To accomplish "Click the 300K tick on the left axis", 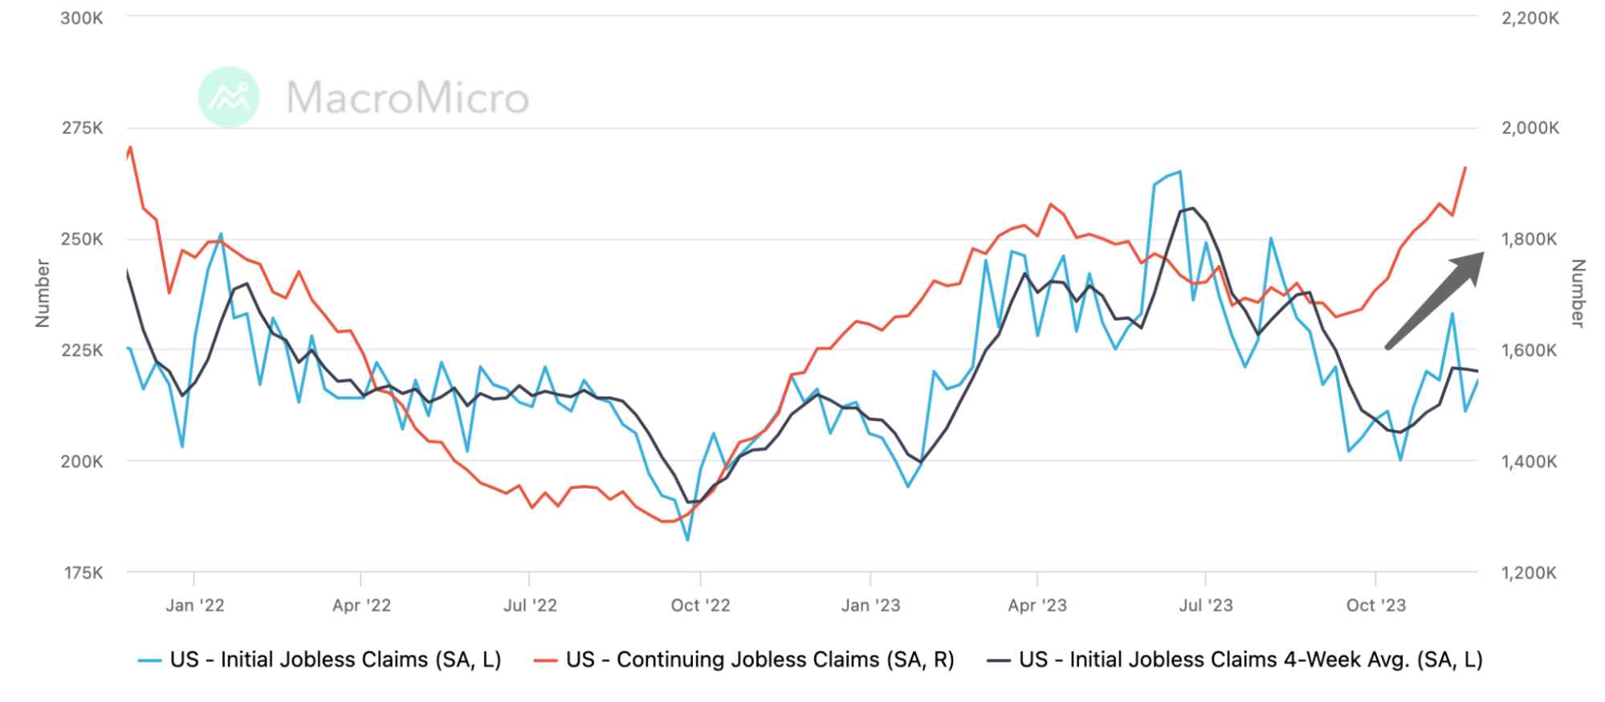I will point(82,18).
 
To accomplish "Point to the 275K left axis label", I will point(82,128).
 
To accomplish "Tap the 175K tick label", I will point(82,573).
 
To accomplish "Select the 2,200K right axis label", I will point(1530,18).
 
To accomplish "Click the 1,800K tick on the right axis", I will point(1530,239).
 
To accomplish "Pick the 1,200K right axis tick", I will point(1530,573).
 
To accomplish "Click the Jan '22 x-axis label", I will point(195,606).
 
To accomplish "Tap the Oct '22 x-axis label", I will point(700,606).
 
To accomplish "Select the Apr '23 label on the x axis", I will point(1037,606).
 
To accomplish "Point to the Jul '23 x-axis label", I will point(1206,606).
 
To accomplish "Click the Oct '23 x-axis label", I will point(1376,606).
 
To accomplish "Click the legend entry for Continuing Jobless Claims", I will point(760,659).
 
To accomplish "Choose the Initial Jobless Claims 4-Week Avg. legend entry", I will point(1249,659).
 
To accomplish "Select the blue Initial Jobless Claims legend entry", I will point(335,659).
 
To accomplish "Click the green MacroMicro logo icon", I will point(229,97).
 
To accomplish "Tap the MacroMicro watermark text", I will point(408,98).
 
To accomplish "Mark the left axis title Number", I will point(43,293).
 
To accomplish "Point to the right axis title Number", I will point(1578,293).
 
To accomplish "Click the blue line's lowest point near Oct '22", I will point(687,540).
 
